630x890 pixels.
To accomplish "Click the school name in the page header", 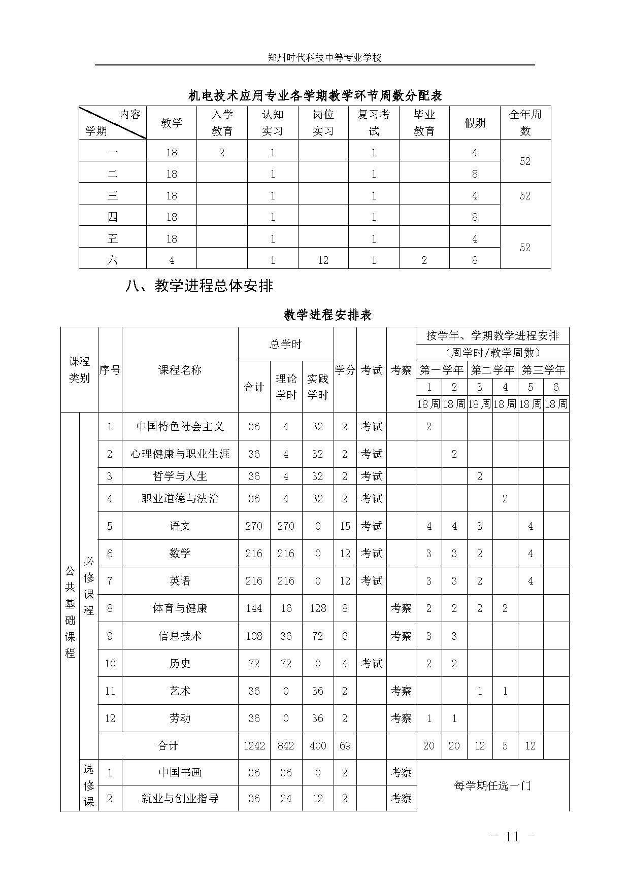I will coord(324,58).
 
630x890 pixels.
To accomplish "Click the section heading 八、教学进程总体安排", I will coord(199,286).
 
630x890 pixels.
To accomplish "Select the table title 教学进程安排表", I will coord(327,315).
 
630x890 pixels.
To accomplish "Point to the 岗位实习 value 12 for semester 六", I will coord(323,260).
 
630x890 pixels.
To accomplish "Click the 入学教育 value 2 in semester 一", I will coord(222,153).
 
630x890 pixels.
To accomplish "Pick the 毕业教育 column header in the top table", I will coord(424,123).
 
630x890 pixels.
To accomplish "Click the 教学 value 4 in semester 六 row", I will coord(172,260).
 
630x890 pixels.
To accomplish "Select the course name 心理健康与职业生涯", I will coord(180,454).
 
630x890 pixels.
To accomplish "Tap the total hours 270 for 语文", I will coord(254,526).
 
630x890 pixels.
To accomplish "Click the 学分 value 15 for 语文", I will coord(345,526).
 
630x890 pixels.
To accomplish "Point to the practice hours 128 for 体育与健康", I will coord(318,608).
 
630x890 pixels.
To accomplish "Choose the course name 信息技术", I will coord(180,636).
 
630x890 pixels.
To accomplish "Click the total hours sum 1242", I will coord(254,746).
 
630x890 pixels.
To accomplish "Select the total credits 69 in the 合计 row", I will coord(345,746).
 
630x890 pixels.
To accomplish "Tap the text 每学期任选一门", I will coord(492,786).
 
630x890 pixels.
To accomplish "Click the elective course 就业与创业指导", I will coord(180,799).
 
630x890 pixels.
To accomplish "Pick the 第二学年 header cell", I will coord(492,370).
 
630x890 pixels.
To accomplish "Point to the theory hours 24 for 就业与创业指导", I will coord(286,799).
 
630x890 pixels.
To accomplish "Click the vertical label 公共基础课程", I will coord(70,612).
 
